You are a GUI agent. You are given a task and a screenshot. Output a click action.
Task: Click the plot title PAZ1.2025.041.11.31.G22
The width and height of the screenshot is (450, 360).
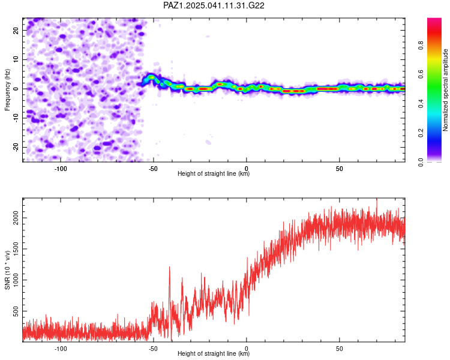tap(214, 5)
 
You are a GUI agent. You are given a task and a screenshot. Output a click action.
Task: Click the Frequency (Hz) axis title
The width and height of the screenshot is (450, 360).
tap(7, 90)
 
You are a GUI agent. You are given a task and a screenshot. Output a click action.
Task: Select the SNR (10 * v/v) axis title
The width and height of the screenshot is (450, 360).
tap(7, 270)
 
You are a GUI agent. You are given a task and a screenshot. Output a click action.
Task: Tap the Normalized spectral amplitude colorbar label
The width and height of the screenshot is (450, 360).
tap(445, 90)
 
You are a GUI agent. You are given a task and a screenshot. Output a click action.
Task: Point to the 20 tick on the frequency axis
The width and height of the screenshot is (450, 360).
tap(16, 30)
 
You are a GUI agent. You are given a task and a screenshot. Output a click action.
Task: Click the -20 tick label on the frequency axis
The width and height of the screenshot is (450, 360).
tap(16, 147)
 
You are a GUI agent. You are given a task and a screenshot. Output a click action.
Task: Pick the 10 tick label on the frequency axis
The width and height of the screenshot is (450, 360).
tap(16, 59)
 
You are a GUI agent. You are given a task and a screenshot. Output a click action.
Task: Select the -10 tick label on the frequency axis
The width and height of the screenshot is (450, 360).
tap(16, 118)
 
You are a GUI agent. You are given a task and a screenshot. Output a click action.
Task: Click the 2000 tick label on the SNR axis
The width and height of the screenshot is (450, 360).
tap(16, 218)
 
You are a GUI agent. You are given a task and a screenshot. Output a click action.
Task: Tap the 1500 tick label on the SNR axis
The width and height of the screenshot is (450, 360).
tap(16, 249)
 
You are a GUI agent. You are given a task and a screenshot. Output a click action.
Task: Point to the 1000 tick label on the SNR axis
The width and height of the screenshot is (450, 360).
tap(16, 280)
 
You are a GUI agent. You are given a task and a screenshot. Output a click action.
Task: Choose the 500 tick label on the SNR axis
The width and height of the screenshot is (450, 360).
tap(16, 311)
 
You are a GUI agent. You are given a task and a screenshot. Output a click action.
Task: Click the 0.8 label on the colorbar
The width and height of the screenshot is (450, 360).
tap(421, 46)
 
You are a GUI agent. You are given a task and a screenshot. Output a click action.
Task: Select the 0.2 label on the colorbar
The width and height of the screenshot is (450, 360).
tap(421, 133)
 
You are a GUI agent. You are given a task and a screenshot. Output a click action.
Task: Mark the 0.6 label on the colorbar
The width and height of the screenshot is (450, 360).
tap(421, 74)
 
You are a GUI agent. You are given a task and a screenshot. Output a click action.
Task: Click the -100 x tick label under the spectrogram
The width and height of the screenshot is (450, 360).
tap(60, 169)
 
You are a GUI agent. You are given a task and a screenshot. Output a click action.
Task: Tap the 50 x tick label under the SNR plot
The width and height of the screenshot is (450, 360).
tap(339, 349)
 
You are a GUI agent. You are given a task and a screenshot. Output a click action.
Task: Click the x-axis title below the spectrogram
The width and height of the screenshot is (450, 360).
tap(214, 173)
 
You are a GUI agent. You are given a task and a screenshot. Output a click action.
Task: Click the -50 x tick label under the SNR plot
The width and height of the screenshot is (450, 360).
tap(153, 349)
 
